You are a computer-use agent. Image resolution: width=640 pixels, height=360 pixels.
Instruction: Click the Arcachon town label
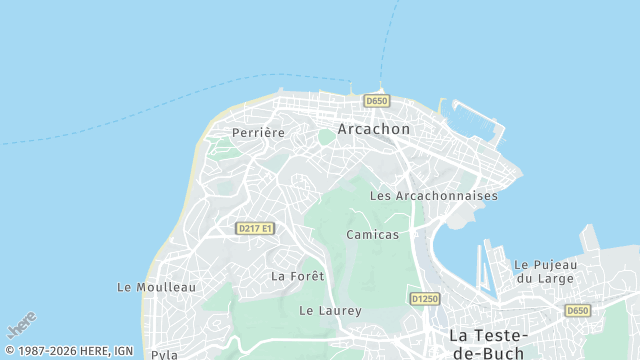pos(374,129)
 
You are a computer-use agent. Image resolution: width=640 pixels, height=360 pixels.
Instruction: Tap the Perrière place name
pos(258,132)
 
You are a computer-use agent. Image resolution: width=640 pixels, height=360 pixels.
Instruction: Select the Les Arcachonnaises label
pos(433,196)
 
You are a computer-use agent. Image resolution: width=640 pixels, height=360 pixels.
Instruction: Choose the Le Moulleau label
pos(156,287)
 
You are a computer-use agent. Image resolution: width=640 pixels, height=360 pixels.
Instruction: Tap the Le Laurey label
pos(330,311)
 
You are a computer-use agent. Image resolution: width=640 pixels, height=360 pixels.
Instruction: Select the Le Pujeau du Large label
pos(546,271)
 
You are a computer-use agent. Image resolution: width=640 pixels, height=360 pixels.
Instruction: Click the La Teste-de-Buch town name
pos(489,343)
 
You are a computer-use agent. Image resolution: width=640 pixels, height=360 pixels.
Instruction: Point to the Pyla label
pos(164,354)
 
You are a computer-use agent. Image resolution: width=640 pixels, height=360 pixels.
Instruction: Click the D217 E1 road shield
pos(255,229)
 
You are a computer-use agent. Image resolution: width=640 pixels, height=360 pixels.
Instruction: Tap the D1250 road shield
pos(424,299)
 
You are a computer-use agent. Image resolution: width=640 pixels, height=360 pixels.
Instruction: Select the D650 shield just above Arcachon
pos(376,101)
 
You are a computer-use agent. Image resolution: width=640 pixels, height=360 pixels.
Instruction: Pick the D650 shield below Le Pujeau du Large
pos(577,310)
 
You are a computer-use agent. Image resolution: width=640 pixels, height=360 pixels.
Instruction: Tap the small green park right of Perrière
pos(326,136)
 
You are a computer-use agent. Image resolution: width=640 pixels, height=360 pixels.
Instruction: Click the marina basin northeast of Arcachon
pos(477,122)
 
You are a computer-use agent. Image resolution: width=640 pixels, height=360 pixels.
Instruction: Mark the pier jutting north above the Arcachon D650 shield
pos(381,87)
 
